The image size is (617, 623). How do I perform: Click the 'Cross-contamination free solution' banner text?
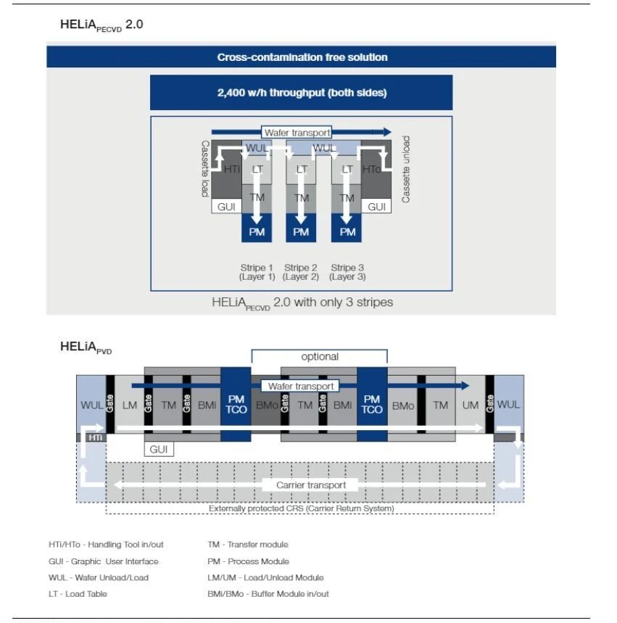302,57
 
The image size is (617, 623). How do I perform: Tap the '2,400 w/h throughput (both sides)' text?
302,93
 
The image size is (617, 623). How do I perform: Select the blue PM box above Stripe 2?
301,232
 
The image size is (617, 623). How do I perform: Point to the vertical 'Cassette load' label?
205,168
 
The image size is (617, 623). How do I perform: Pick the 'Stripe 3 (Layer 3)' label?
347,272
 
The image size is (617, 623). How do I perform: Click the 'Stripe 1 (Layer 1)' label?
257,272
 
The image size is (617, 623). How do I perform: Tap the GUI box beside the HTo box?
377,207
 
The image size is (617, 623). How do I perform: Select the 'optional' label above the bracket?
320,357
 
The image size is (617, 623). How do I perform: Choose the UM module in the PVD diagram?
471,405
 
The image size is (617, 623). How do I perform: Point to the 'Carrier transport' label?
311,484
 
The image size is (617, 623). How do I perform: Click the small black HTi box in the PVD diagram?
95,437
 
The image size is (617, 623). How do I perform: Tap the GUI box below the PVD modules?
159,450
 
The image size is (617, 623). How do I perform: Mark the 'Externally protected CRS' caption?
301,508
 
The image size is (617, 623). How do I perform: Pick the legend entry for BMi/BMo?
268,594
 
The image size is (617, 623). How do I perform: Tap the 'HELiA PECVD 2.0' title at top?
101,25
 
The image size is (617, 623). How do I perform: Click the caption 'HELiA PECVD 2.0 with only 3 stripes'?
302,302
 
